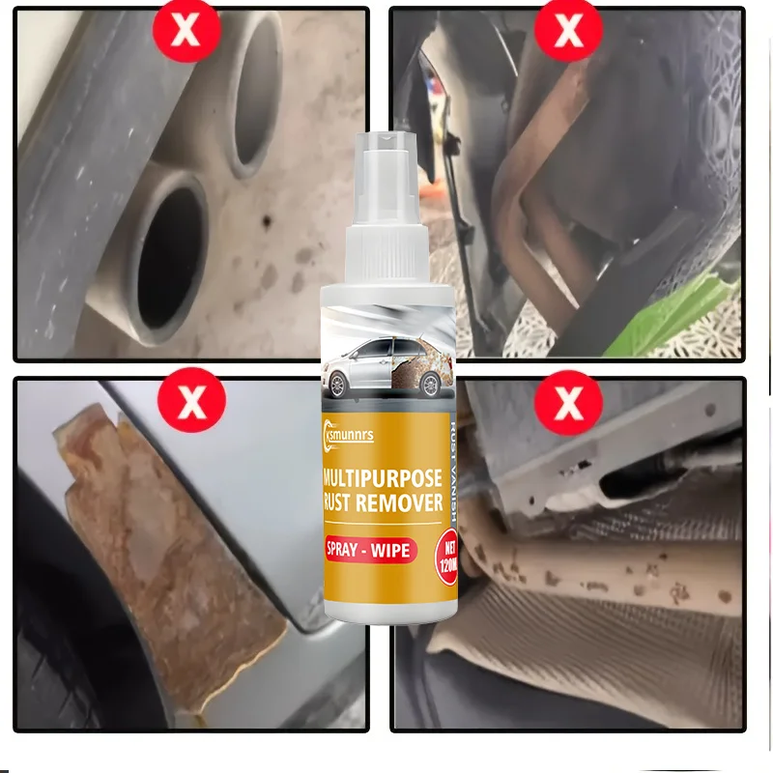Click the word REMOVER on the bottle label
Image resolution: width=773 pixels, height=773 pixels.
pos(405,502)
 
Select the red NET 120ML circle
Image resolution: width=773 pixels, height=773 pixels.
pos(446,552)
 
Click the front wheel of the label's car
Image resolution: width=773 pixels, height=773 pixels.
pos(340,386)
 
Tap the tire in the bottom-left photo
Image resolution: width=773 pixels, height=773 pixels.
pos(68,638)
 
